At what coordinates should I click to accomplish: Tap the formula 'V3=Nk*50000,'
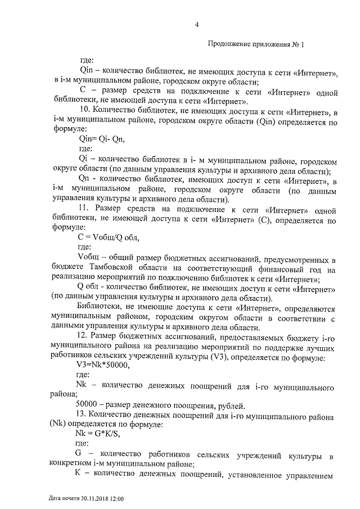[102, 364]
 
